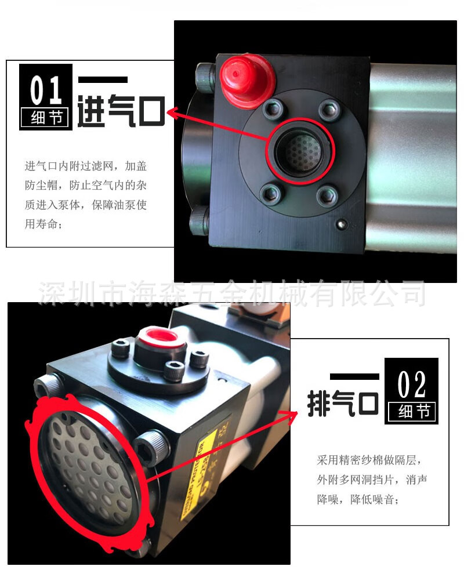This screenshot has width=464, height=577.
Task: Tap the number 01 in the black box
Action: tap(46, 90)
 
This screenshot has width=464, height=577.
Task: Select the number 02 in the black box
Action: tap(412, 383)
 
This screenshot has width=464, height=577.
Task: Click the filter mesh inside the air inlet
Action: tap(298, 152)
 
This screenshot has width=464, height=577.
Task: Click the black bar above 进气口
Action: tap(103, 79)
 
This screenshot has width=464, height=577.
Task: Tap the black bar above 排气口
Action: tap(354, 376)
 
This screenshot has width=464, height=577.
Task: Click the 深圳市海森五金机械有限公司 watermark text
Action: tap(232, 292)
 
